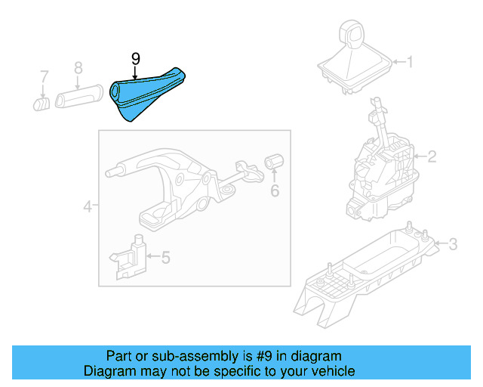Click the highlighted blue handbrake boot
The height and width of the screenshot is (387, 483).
148,94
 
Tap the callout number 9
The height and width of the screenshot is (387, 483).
135,58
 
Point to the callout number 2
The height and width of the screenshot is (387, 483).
432,157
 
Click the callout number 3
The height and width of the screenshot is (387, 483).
453,243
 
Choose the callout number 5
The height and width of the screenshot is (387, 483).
165,258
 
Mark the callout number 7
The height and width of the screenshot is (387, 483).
44,76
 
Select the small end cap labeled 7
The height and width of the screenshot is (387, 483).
41,102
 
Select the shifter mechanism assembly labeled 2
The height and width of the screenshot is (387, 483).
381,170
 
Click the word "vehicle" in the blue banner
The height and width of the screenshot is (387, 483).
329,371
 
